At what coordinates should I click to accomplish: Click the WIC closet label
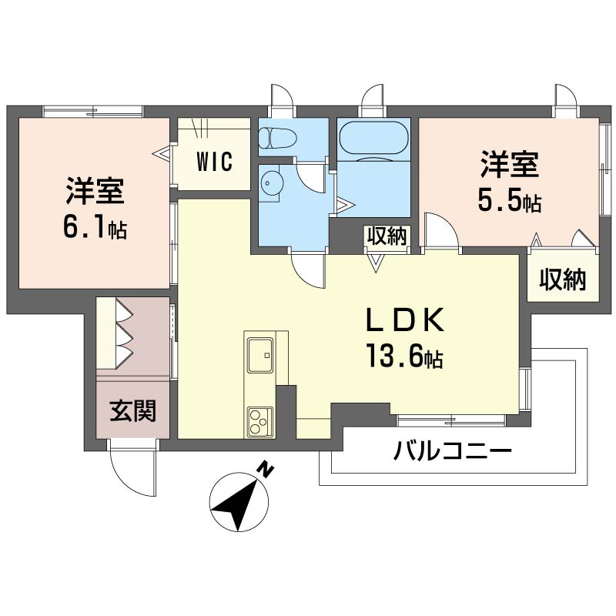(x=215, y=161)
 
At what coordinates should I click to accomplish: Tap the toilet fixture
(x=278, y=138)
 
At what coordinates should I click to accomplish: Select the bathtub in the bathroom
(x=373, y=138)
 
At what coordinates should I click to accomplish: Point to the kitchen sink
(x=260, y=355)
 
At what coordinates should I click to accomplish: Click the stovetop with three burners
(x=260, y=422)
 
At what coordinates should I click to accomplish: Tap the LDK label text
(x=405, y=320)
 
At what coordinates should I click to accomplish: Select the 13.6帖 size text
(x=405, y=356)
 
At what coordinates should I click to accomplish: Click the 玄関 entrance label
(x=133, y=411)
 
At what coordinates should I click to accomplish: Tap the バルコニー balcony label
(x=453, y=451)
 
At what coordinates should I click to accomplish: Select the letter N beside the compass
(x=266, y=470)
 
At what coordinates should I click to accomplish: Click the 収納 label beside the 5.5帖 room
(x=563, y=280)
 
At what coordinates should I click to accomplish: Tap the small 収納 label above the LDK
(x=387, y=236)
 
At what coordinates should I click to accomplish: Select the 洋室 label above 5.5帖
(x=510, y=164)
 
